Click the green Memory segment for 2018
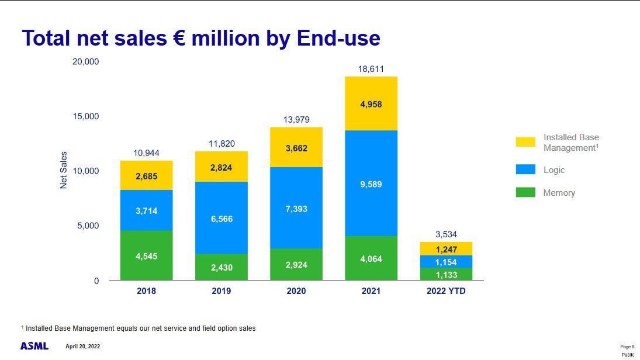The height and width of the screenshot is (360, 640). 146,255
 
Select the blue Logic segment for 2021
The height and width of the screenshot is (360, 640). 371,183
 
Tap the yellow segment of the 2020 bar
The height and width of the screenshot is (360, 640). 296,147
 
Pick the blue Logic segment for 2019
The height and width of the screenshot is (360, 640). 222,218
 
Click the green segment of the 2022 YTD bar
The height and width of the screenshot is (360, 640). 447,274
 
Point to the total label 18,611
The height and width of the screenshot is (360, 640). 371,69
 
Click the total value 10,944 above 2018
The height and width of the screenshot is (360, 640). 146,153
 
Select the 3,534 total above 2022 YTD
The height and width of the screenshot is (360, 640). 447,234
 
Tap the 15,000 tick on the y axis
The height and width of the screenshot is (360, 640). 86,116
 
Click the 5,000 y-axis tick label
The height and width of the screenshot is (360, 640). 88,226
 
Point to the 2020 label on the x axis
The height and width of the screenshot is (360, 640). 296,291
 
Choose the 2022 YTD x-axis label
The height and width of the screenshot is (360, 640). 447,291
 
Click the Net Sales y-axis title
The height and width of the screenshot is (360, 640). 64,170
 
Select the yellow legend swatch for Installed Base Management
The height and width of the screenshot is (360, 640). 525,142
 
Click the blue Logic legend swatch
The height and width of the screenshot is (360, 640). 525,169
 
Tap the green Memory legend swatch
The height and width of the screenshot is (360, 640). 525,192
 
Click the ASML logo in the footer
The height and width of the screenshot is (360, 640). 34,346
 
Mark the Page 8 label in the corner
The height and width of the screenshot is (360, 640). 627,347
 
